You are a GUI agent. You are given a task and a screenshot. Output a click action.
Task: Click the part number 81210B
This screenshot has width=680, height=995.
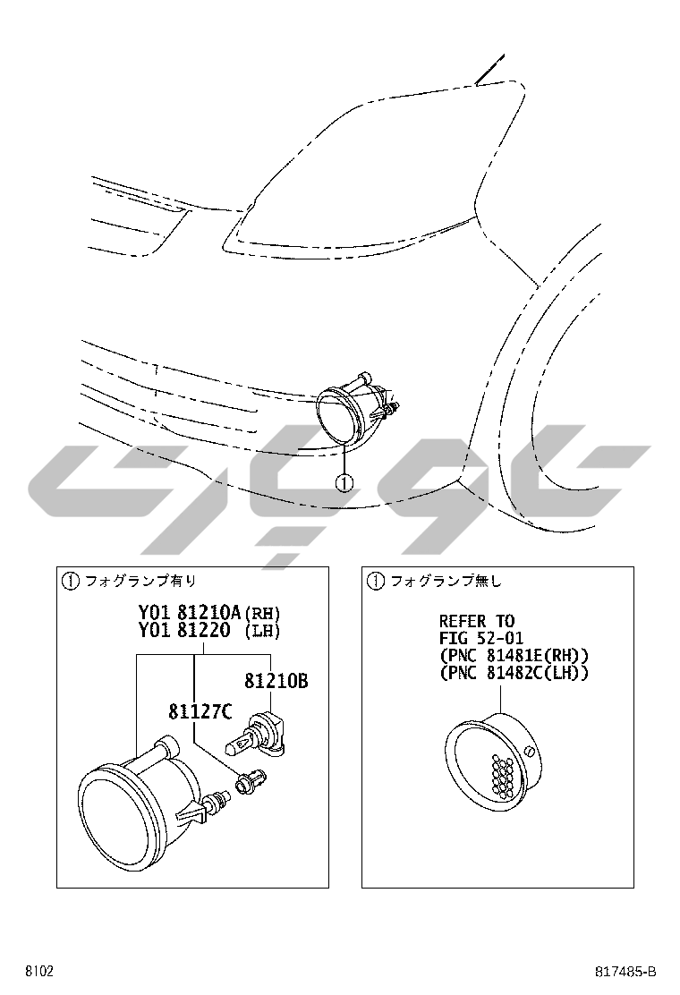[x=276, y=681]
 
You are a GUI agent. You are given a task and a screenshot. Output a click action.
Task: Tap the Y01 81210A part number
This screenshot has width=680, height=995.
[x=190, y=612]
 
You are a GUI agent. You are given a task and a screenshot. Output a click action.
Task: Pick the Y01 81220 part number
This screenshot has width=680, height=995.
[x=184, y=630]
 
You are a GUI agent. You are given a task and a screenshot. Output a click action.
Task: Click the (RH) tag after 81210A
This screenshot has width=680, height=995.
[x=262, y=613]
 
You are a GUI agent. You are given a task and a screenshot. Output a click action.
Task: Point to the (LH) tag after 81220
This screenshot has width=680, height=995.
[x=262, y=631]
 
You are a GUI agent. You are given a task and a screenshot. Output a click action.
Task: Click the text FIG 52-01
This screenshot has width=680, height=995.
[x=472, y=638]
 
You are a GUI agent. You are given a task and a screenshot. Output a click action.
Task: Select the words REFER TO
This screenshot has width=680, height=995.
[x=477, y=621]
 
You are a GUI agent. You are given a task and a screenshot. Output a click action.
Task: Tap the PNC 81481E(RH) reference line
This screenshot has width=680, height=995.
[x=514, y=656]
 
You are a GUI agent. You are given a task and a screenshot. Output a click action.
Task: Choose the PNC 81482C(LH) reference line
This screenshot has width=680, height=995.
[x=514, y=673]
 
